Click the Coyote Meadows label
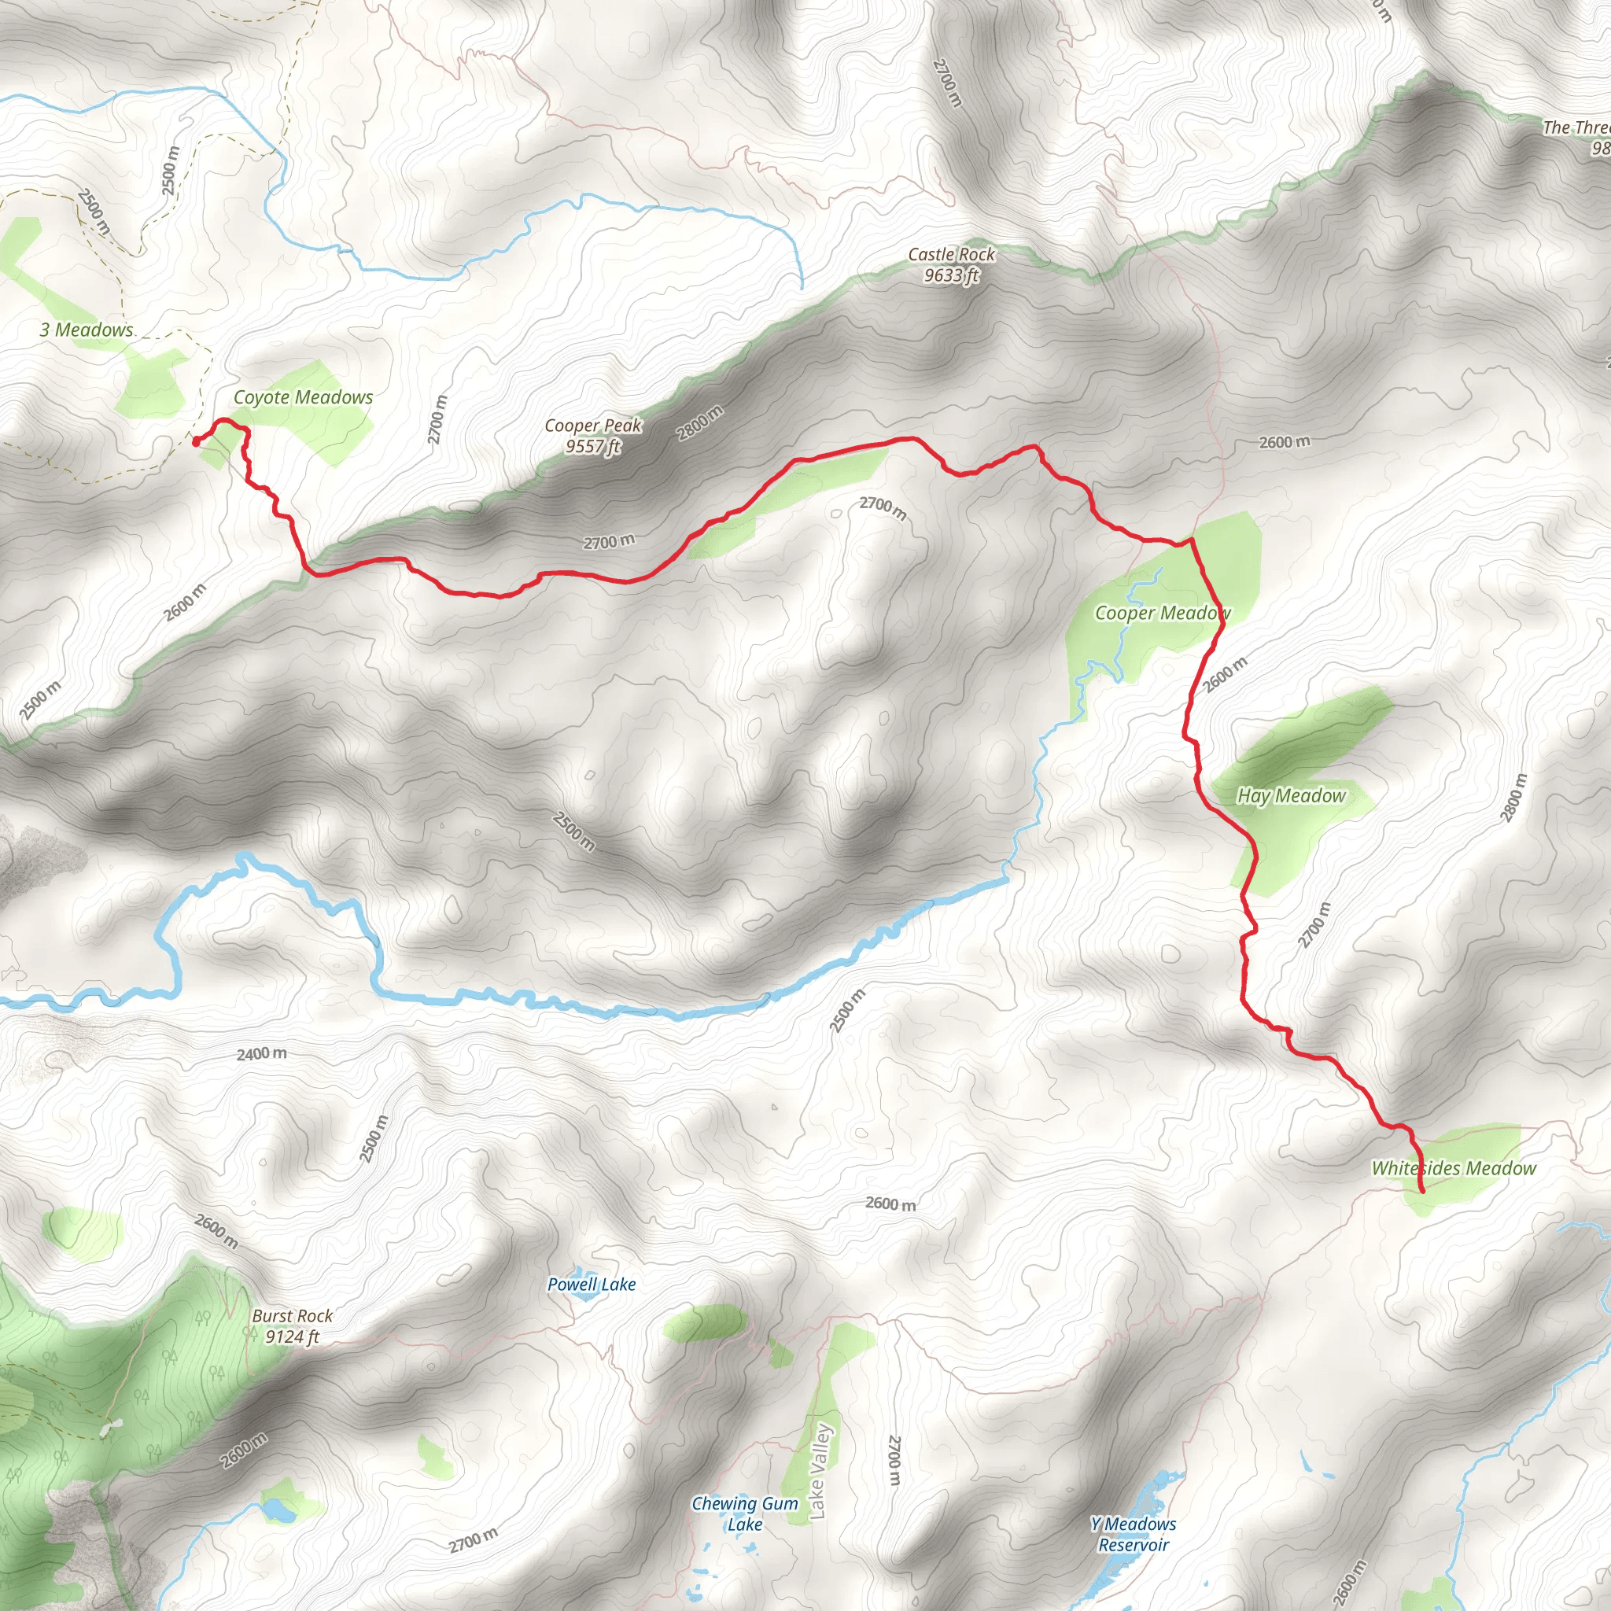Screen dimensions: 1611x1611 tap(303, 398)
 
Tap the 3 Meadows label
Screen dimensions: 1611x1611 tap(87, 330)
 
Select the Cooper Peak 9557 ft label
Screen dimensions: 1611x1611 tap(593, 436)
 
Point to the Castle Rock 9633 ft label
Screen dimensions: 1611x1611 tap(952, 264)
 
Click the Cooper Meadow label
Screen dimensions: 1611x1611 tap(1163, 614)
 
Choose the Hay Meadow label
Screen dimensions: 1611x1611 tap(1291, 795)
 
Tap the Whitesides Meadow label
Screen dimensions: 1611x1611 tap(1454, 1168)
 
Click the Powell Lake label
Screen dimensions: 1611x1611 tap(592, 1284)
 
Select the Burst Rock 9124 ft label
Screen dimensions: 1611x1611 tap(292, 1325)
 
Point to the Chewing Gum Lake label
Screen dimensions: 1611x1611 tap(745, 1513)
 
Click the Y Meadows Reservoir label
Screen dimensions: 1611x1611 tap(1134, 1534)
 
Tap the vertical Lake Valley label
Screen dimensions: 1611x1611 tap(819, 1472)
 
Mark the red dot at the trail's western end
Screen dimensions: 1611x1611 tap(196, 443)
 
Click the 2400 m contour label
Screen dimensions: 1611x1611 tap(262, 1054)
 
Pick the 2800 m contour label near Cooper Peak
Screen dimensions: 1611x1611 tap(699, 422)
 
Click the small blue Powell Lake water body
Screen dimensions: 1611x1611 tap(589, 1300)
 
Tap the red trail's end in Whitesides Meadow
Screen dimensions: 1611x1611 tap(1421, 1192)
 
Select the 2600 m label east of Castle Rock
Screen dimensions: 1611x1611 tap(1284, 442)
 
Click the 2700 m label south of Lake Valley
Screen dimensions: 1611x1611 tap(894, 1460)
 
